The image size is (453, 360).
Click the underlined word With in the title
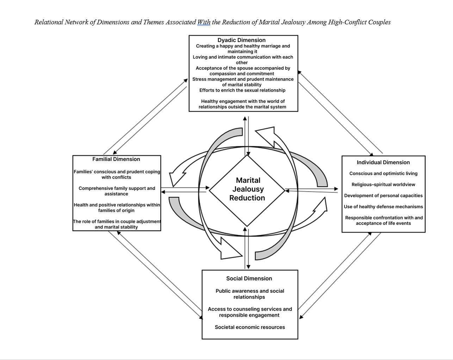point(204,22)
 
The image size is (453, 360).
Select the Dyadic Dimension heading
point(241,40)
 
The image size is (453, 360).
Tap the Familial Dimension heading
point(116,159)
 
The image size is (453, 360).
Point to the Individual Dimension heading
point(383,162)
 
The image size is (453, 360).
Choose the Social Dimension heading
point(249,278)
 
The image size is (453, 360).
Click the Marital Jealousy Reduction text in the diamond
point(247,189)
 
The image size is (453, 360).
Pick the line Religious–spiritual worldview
point(383,185)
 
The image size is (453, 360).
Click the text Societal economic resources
point(250,327)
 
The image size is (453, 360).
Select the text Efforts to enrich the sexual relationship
point(242,90)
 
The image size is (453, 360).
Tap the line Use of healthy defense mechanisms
point(383,207)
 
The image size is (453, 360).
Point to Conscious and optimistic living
point(383,173)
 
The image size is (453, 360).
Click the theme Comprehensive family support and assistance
point(117,191)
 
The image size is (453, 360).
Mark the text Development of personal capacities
point(383,195)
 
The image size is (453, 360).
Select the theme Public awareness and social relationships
point(250,294)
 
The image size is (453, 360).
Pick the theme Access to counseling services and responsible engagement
point(250,312)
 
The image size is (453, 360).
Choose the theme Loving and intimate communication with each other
point(243,60)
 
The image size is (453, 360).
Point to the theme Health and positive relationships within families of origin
point(117,207)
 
